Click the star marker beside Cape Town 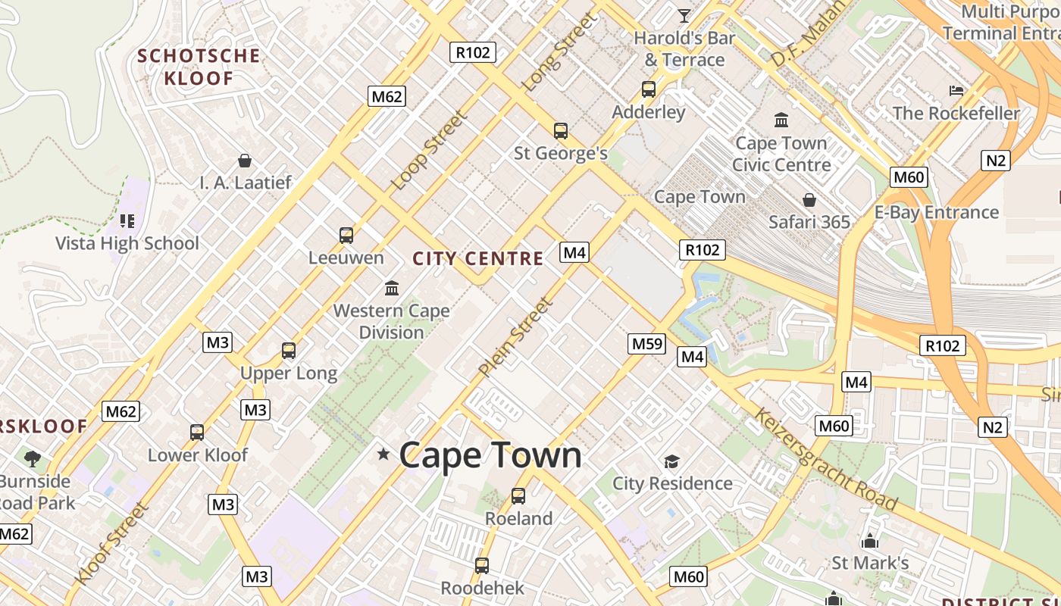383,454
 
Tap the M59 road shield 647,344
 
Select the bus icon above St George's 561,131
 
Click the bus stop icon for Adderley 649,89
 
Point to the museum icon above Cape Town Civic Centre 781,120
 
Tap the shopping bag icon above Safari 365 809,200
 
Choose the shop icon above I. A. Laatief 245,161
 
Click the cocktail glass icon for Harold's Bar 684,15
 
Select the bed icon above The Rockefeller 956,91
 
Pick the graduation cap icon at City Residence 671,461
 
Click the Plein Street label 516,337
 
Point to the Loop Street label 429,151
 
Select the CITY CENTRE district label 478,258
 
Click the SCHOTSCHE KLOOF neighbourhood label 199,67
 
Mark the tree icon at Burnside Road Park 32,458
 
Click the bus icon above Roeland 518,496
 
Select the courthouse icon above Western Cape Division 392,288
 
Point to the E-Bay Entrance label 937,212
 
